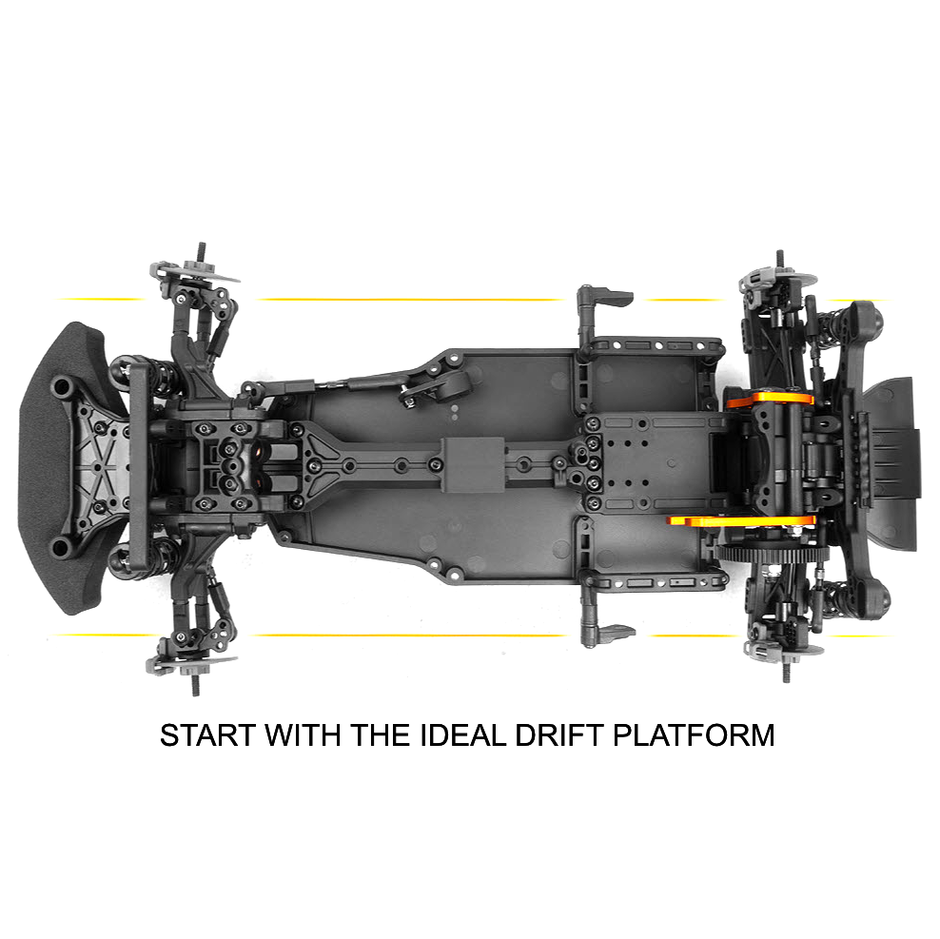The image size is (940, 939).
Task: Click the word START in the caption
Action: click(x=208, y=735)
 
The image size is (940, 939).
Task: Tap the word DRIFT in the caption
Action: click(x=558, y=735)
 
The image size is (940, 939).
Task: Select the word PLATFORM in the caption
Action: click(x=694, y=735)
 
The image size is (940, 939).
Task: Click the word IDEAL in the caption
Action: click(x=462, y=735)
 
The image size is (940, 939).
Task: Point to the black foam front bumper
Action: click(x=48, y=468)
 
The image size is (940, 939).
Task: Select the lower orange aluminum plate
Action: click(x=742, y=520)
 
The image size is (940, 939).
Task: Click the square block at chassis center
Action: click(x=473, y=464)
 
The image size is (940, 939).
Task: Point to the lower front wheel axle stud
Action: click(x=195, y=684)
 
